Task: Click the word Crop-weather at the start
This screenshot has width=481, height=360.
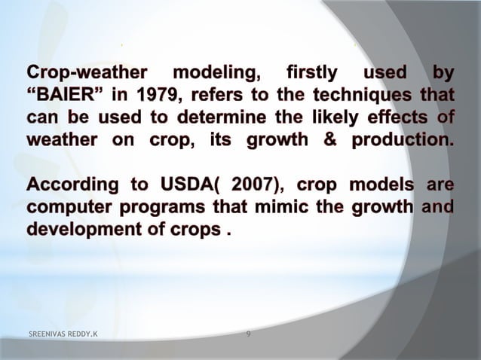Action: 75,75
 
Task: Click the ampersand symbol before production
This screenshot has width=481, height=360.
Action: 331,141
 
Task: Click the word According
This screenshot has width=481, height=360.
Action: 64,185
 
